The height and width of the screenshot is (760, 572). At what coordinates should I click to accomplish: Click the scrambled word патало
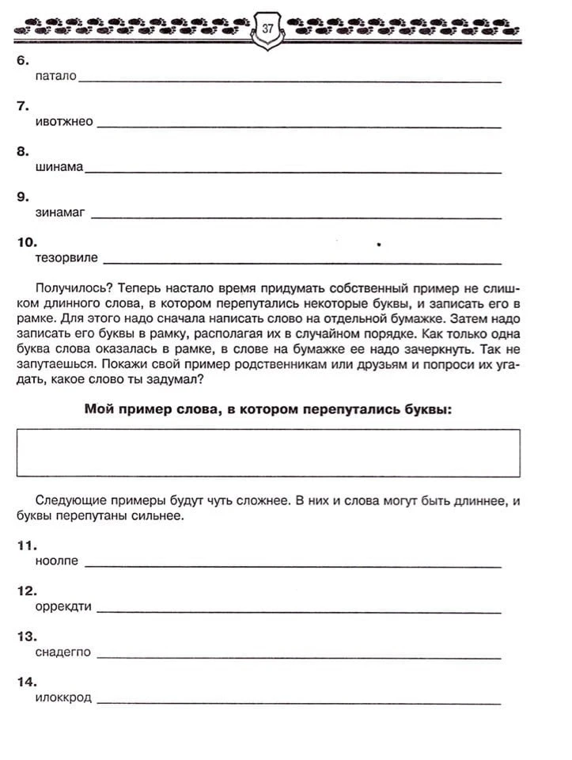click(x=55, y=76)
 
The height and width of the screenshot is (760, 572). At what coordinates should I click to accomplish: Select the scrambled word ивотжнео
click(x=64, y=121)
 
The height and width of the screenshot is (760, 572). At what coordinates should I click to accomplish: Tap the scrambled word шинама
click(x=59, y=167)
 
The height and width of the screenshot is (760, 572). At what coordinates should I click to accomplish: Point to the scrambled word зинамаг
click(x=60, y=212)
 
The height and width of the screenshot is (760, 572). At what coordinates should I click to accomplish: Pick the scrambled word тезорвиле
click(x=66, y=257)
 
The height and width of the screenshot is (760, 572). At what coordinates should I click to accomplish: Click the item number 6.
click(x=21, y=60)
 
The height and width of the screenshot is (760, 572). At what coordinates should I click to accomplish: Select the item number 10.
click(x=26, y=241)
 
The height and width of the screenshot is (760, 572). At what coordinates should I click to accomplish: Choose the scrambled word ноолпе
click(x=57, y=561)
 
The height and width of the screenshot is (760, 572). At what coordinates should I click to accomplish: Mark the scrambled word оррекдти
click(x=63, y=606)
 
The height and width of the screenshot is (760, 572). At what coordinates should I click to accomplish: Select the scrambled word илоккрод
click(x=63, y=697)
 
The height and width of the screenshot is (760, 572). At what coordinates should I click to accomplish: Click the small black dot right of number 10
click(x=380, y=245)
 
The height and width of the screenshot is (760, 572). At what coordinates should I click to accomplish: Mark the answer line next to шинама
click(x=293, y=172)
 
